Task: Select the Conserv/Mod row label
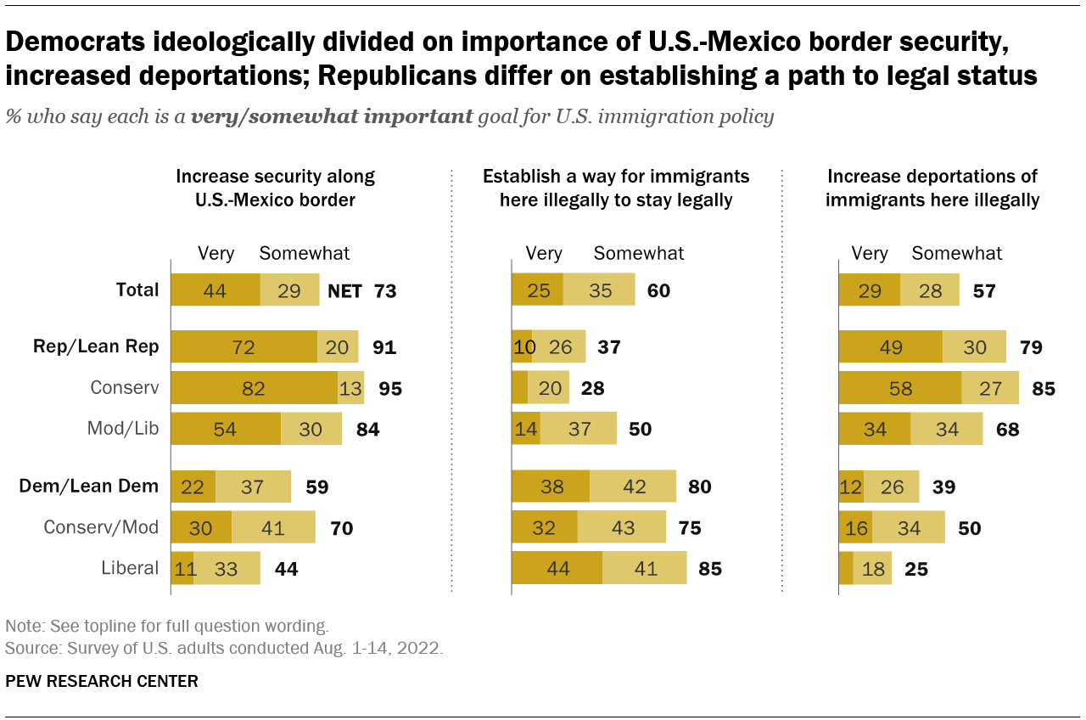(101, 527)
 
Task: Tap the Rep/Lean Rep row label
(96, 346)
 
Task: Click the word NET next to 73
(344, 291)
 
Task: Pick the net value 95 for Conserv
(390, 389)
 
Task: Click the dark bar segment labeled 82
(254, 388)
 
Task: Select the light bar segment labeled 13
(350, 388)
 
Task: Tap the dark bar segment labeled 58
(899, 388)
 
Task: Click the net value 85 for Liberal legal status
(709, 569)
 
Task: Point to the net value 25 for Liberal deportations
(916, 569)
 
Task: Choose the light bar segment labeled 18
(872, 568)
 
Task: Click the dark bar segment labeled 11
(182, 568)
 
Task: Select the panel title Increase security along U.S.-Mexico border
(275, 188)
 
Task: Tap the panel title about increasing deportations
(932, 188)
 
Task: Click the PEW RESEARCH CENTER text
(102, 681)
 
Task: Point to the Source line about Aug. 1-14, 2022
(224, 648)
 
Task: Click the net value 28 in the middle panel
(592, 389)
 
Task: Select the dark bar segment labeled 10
(521, 346)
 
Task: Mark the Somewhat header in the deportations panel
(956, 253)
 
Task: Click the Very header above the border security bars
(216, 253)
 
